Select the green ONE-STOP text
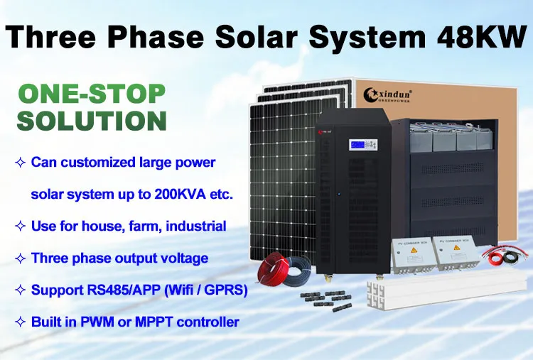click(x=91, y=94)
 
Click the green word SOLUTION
click(x=92, y=120)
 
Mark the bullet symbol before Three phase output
click(x=20, y=258)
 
